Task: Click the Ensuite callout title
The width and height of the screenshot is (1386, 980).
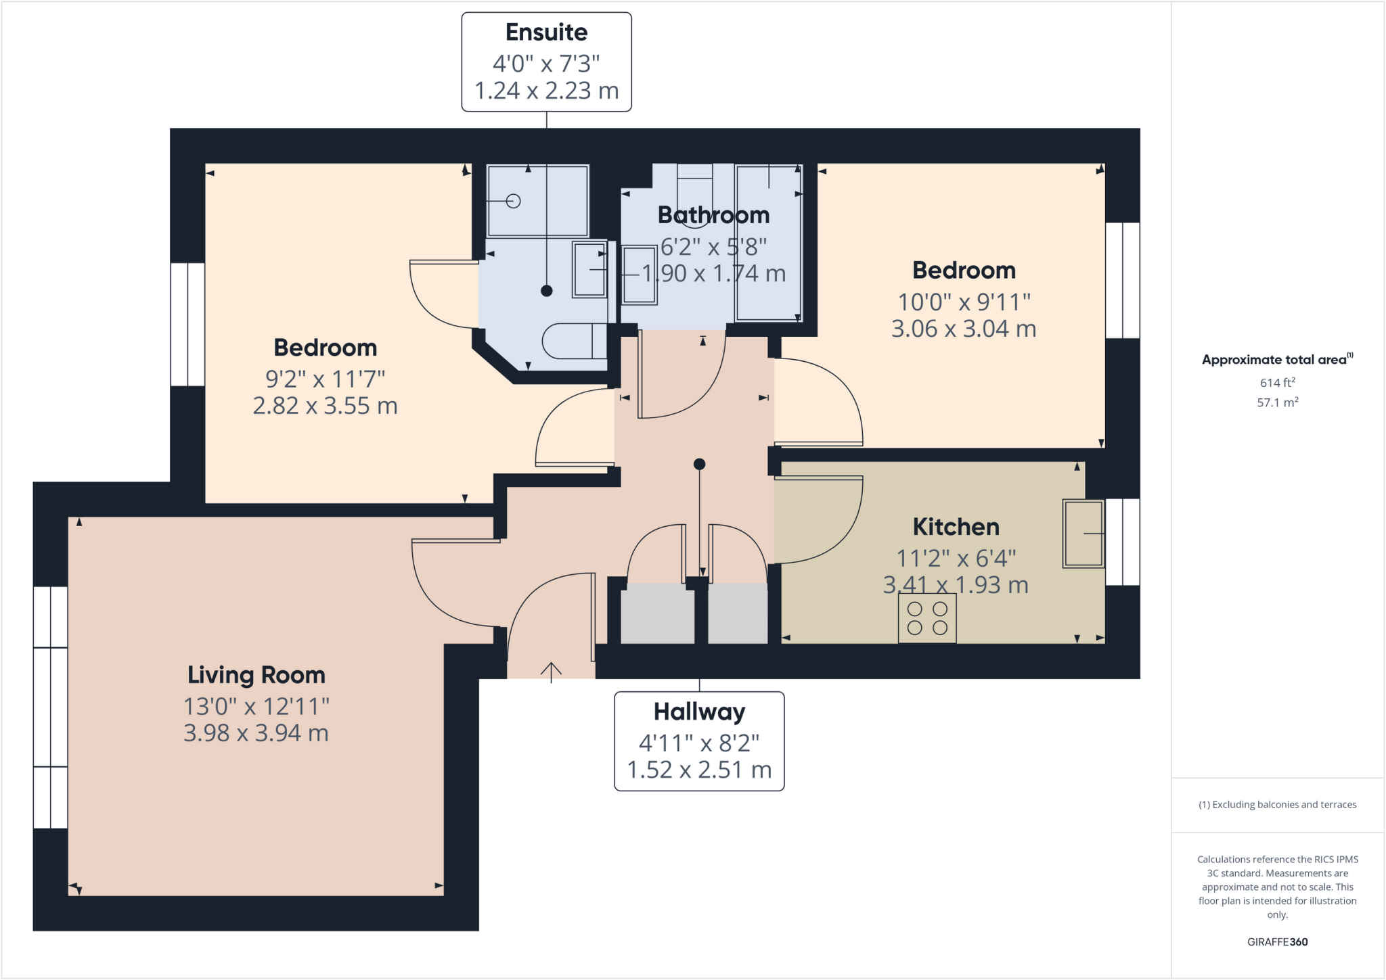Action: coord(546,32)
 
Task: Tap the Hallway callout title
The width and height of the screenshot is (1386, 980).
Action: coord(699,711)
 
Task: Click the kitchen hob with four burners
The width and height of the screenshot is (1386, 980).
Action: coord(927,618)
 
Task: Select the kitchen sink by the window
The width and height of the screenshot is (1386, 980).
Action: coord(1083,534)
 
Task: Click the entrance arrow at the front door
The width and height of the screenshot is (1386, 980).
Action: coord(551,672)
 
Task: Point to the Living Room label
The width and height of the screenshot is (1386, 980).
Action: coord(256,675)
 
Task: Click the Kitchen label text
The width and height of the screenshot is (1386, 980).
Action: coord(956,527)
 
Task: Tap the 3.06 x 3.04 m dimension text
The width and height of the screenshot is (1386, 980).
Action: coord(963,329)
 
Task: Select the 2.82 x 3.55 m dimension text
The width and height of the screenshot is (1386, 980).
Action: coord(325,406)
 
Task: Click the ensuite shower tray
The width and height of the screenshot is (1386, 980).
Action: coord(537,201)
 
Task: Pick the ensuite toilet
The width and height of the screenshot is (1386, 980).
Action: coord(572,342)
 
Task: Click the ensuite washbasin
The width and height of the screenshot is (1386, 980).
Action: coord(589,269)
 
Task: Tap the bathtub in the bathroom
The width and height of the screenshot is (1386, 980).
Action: coord(767,243)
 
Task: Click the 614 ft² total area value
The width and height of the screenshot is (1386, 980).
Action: coord(1277,383)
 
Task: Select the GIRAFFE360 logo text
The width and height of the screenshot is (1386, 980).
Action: coord(1277,941)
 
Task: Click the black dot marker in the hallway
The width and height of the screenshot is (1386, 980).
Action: coord(700,464)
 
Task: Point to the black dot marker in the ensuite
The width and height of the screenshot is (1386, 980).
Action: coord(547,291)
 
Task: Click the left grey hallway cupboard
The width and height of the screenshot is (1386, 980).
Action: coord(657,613)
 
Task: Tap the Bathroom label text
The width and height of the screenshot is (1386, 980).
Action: coord(713,215)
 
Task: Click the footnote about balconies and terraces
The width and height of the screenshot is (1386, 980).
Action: coord(1277,805)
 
